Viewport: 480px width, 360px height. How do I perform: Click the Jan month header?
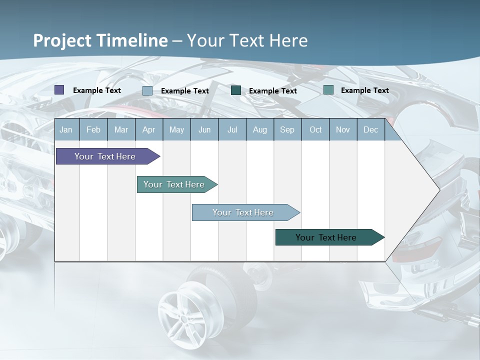tap(66, 130)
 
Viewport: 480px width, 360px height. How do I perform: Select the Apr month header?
tap(148, 130)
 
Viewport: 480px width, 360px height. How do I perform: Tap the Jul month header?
tap(232, 130)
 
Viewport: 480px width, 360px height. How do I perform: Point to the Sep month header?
tap(287, 130)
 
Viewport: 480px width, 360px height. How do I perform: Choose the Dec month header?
tap(370, 130)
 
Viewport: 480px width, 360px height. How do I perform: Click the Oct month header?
tap(315, 130)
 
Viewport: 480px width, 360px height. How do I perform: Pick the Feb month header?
tap(93, 130)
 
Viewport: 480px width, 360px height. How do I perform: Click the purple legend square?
tap(59, 90)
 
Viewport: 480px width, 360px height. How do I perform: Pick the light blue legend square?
tap(147, 91)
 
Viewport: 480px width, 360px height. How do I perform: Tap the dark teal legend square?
tap(236, 90)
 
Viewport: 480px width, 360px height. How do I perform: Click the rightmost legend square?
tap(328, 90)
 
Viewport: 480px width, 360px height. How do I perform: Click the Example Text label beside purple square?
tap(97, 90)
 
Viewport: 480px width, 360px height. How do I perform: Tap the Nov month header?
tap(343, 130)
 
